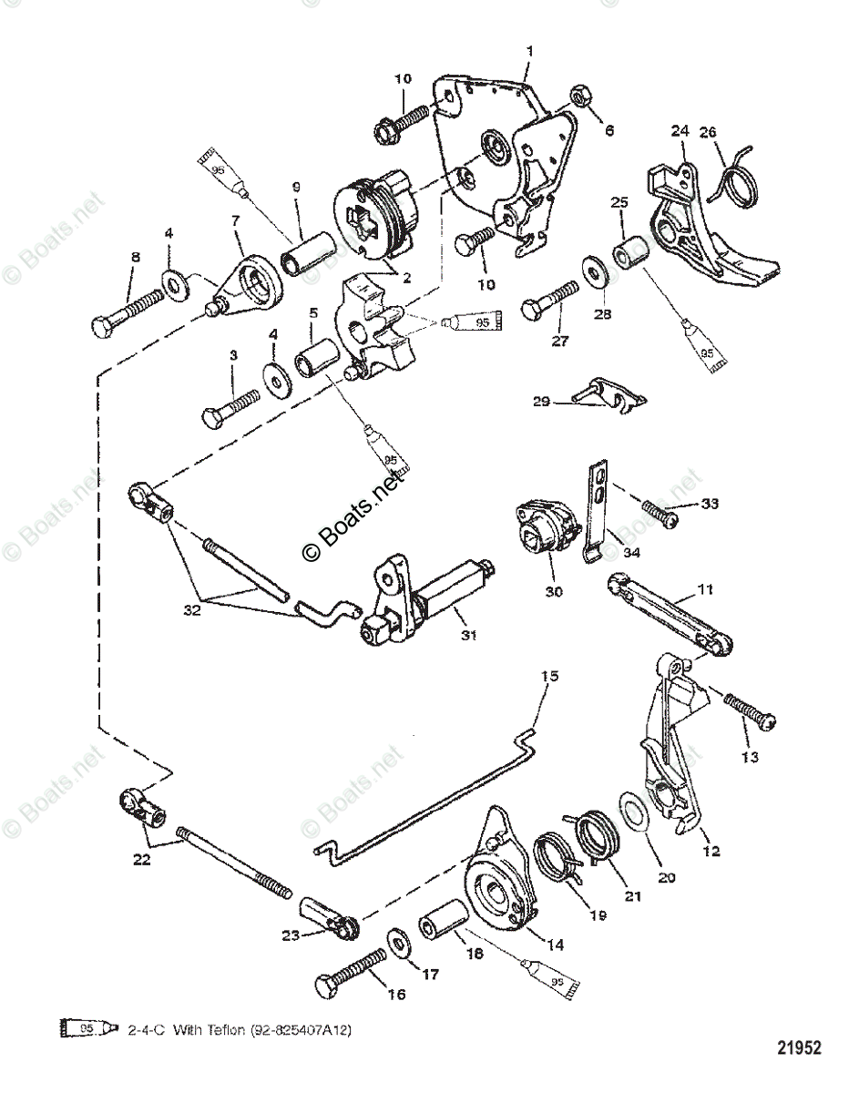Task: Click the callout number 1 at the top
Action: tap(528, 50)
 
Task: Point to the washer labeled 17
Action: tap(398, 943)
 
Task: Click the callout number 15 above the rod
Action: tap(547, 677)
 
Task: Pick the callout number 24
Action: tap(679, 130)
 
